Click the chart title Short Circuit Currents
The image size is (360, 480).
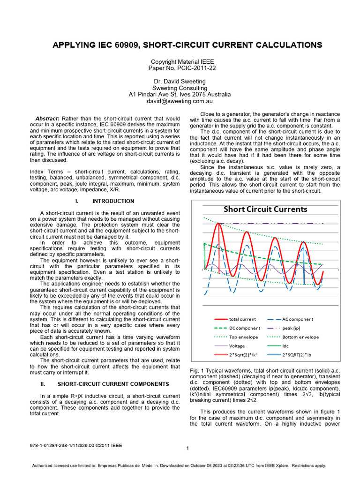[265, 209]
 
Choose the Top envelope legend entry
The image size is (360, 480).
[240, 337]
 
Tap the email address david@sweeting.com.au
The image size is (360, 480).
[180, 101]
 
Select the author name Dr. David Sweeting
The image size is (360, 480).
[180, 81]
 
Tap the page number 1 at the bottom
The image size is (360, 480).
[187, 449]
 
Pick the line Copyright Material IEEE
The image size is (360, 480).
[180, 61]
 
